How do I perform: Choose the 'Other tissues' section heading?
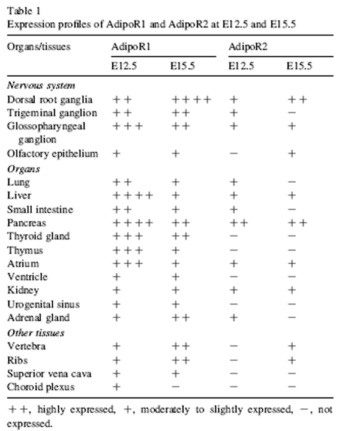pyautogui.click(x=35, y=333)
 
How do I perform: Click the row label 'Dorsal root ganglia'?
pyautogui.click(x=45, y=100)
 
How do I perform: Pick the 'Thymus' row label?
pyautogui.click(x=25, y=250)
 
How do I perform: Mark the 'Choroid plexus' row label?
pyautogui.click(x=37, y=387)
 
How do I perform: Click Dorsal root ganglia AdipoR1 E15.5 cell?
pyautogui.click(x=191, y=100)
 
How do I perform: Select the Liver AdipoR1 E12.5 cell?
pyautogui.click(x=133, y=195)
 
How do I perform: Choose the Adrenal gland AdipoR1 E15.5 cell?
pyautogui.click(x=181, y=318)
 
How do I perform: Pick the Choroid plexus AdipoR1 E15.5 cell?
pyautogui.click(x=175, y=387)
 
